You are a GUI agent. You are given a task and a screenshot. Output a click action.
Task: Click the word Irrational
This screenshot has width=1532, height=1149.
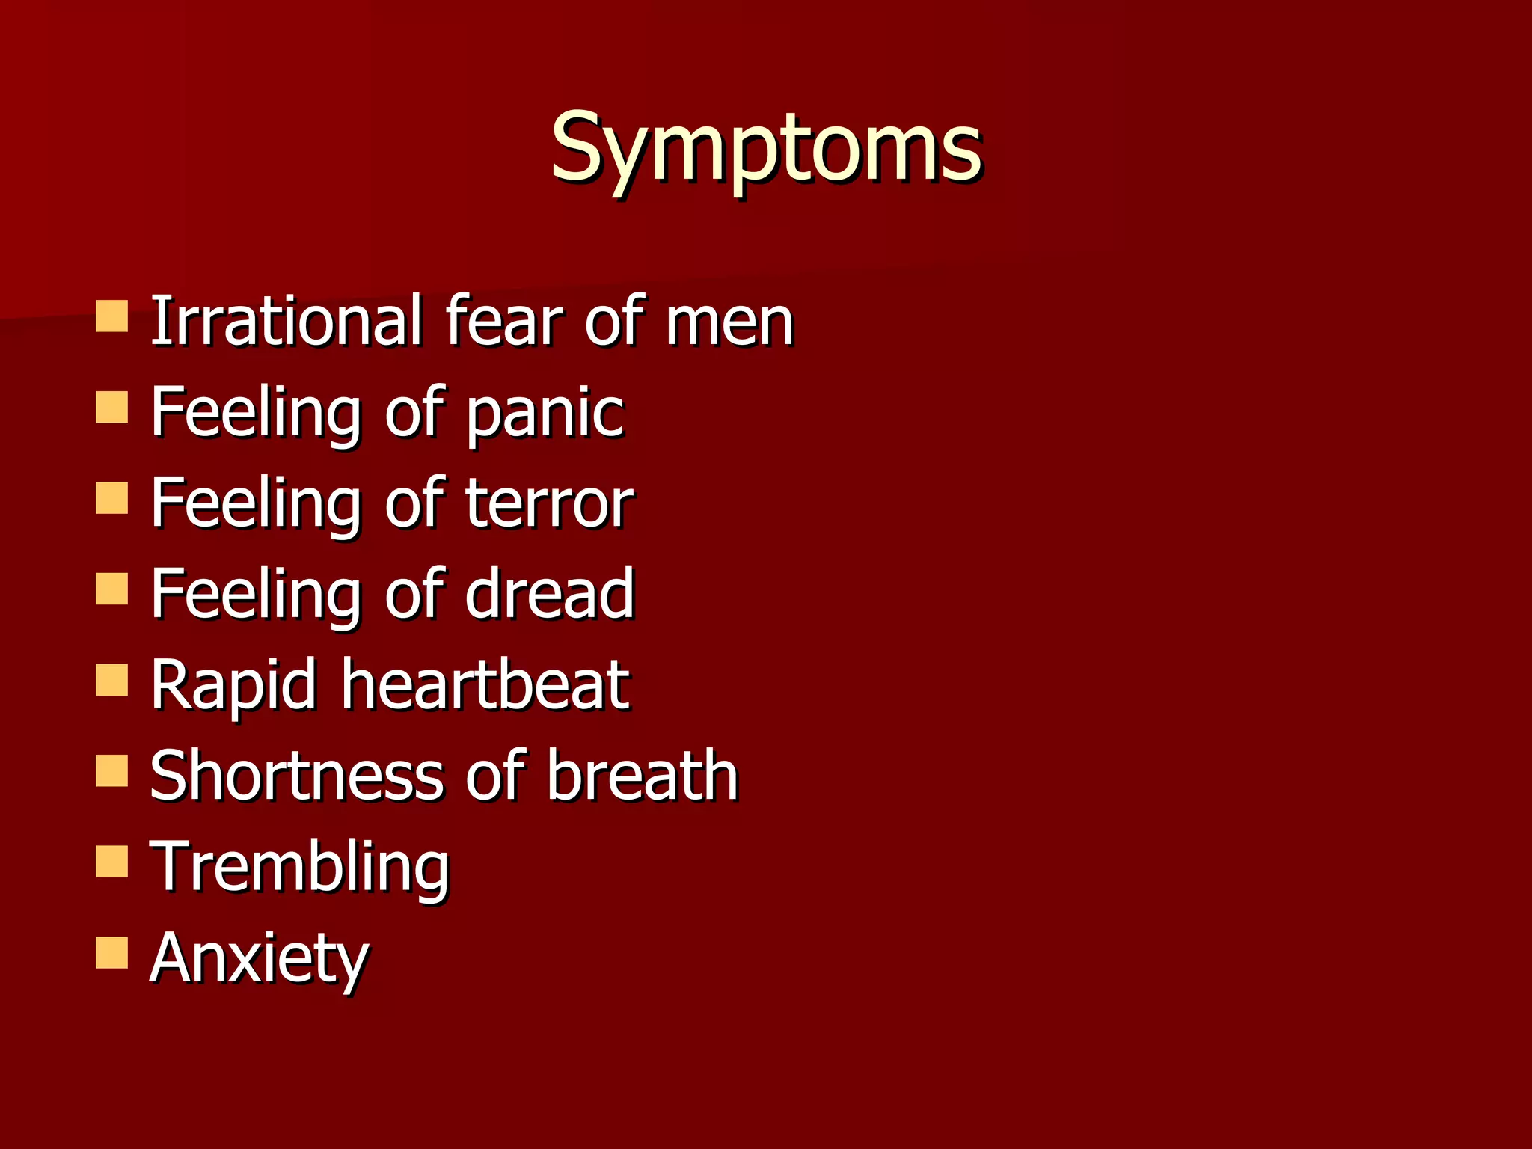pyautogui.click(x=287, y=321)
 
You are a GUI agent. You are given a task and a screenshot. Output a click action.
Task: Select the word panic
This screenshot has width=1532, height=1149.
pyautogui.click(x=545, y=414)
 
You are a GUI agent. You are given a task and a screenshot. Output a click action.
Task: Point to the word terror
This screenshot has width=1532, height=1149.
pyautogui.click(x=549, y=503)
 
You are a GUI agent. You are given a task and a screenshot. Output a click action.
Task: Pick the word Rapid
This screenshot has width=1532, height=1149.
pyautogui.click(x=233, y=685)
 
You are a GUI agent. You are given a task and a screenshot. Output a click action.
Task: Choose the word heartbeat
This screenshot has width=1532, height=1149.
pyautogui.click(x=485, y=684)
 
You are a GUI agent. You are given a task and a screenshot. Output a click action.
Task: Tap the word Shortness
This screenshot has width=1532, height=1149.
pyautogui.click(x=297, y=776)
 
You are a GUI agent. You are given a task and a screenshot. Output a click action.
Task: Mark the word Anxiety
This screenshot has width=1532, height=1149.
pyautogui.click(x=259, y=959)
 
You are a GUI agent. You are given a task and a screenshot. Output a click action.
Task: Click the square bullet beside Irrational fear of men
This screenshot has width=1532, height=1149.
pyautogui.click(x=112, y=316)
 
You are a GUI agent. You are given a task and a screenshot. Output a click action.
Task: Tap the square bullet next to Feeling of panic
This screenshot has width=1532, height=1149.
pyautogui.click(x=112, y=408)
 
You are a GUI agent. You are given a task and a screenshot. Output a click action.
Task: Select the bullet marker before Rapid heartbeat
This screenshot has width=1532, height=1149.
pyautogui.click(x=112, y=680)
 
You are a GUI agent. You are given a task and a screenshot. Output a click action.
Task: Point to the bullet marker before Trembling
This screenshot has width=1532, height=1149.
pyautogui.click(x=112, y=862)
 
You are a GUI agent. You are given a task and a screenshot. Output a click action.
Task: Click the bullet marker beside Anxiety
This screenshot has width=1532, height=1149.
pyautogui.click(x=112, y=953)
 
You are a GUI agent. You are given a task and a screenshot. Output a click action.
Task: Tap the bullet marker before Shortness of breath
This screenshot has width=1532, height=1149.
pyautogui.click(x=112, y=771)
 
